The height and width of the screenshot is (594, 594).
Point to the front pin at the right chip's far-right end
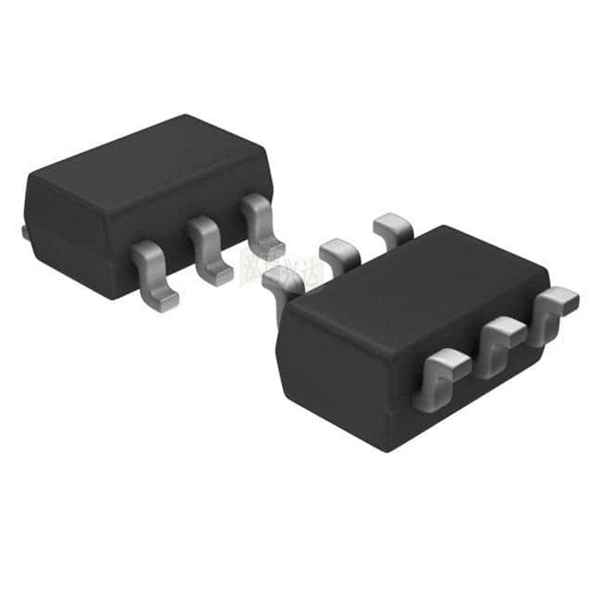[x=554, y=313]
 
